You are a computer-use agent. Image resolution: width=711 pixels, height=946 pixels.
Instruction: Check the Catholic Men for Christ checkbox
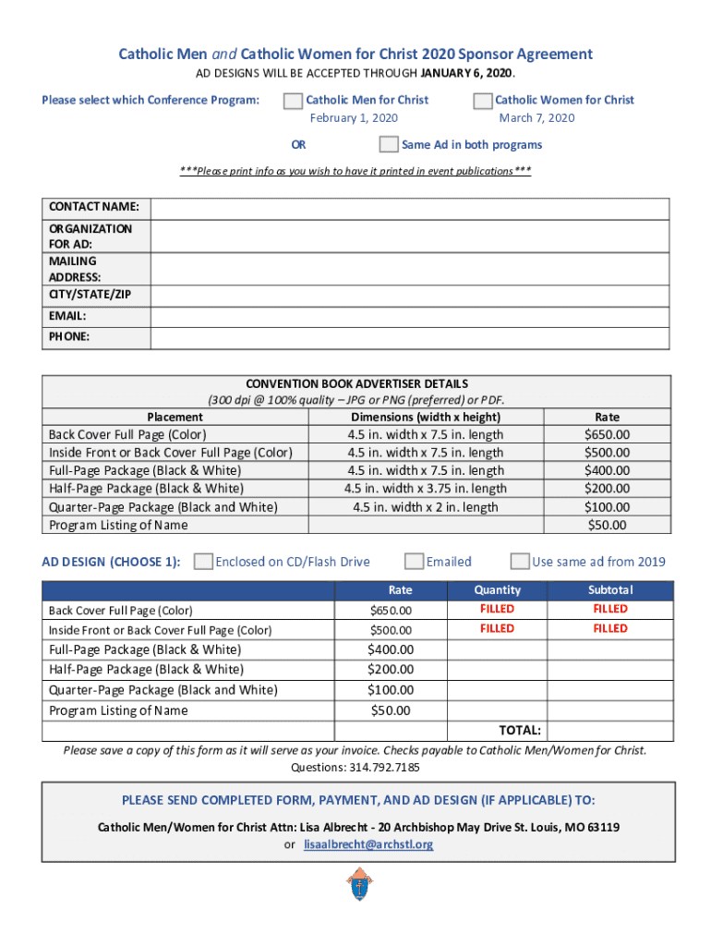(293, 101)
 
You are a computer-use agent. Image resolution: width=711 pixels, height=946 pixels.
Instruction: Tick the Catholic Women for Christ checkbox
(482, 101)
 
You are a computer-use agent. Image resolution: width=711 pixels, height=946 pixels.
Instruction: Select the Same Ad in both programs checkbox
(389, 144)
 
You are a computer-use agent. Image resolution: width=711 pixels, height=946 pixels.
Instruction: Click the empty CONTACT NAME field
(410, 209)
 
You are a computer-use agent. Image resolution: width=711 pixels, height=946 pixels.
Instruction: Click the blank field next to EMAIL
(410, 317)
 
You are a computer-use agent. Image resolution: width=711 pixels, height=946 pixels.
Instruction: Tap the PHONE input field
(410, 337)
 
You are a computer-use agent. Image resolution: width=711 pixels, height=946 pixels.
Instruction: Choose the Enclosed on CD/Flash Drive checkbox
(203, 562)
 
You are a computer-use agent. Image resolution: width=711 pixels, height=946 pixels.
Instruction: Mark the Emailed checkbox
(415, 562)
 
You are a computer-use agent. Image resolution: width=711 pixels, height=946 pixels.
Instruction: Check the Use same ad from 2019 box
(520, 562)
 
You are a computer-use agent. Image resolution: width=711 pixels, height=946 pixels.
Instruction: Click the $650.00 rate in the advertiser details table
(607, 434)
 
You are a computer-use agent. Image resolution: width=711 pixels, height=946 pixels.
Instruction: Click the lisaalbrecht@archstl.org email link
(368, 844)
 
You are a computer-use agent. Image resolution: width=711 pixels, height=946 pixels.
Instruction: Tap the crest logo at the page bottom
(356, 888)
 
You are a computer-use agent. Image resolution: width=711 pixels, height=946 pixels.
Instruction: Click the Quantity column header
(497, 589)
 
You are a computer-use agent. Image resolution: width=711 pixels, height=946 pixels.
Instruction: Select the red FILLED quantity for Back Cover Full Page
(497, 610)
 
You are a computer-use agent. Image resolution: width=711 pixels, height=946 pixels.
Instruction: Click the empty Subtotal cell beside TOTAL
(609, 731)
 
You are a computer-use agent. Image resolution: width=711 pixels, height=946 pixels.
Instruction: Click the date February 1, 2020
(354, 118)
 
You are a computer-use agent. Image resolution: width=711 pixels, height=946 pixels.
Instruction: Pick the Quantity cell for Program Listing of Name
(497, 710)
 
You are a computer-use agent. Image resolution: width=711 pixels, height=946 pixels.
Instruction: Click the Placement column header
(175, 417)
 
